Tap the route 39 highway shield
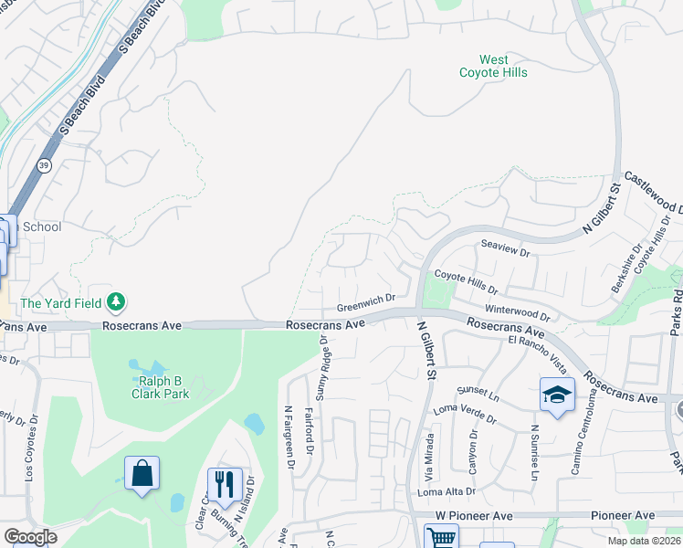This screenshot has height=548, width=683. tap(44, 165)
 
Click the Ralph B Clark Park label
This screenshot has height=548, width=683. tap(164, 387)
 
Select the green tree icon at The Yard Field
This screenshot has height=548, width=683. tap(116, 301)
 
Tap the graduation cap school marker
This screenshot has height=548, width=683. tap(556, 395)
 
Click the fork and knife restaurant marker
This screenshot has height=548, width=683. tap(224, 484)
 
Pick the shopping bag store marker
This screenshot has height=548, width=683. tap(142, 473)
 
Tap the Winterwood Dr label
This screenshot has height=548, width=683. tap(518, 312)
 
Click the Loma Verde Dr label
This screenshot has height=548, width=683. tap(465, 414)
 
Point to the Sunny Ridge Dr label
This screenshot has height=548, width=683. tap(320, 367)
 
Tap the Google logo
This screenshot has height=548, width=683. tap(30, 537)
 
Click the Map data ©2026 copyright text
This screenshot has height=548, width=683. tap(645, 541)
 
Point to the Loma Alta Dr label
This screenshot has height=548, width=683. tap(447, 491)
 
